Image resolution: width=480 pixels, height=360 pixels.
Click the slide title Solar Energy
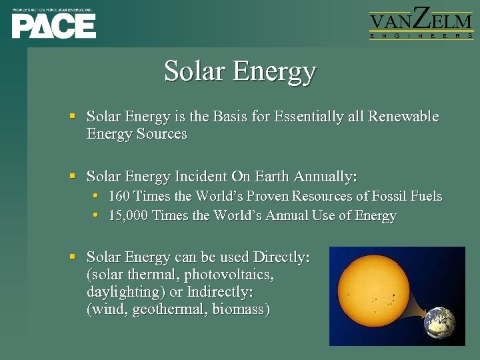point(240,71)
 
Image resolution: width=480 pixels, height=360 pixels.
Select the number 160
point(119,196)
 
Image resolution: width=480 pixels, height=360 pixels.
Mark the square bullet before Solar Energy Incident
point(73,177)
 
